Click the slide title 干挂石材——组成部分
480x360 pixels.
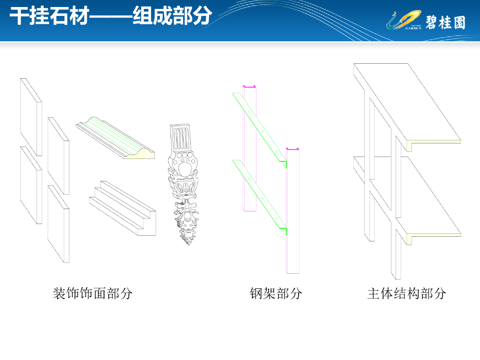coord(111,16)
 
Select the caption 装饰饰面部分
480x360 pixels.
coord(93,294)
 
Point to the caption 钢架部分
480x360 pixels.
coord(276,294)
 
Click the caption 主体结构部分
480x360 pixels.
coord(406,294)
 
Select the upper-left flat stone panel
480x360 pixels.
coord(31,117)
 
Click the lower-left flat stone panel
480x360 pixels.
coord(31,185)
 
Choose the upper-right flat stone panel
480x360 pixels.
coord(59,155)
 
